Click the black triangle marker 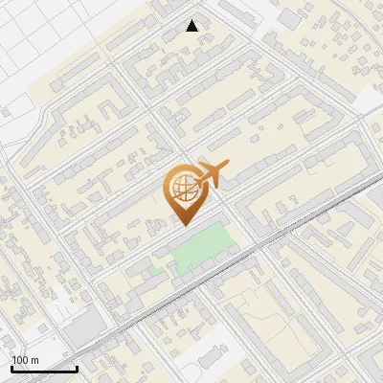[192, 26]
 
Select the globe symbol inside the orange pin [182, 184]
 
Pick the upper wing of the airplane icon [210, 164]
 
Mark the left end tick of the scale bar [11, 368]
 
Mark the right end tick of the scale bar [77, 368]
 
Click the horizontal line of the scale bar [44, 370]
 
